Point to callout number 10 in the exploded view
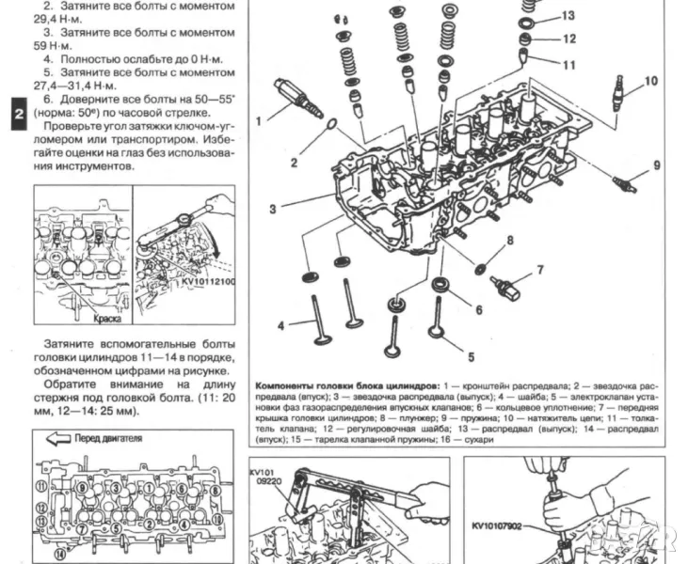650,81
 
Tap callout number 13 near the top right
568,16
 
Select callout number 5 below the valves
471,355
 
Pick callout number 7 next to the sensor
540,270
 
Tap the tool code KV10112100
209,281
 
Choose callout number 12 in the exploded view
568,39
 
